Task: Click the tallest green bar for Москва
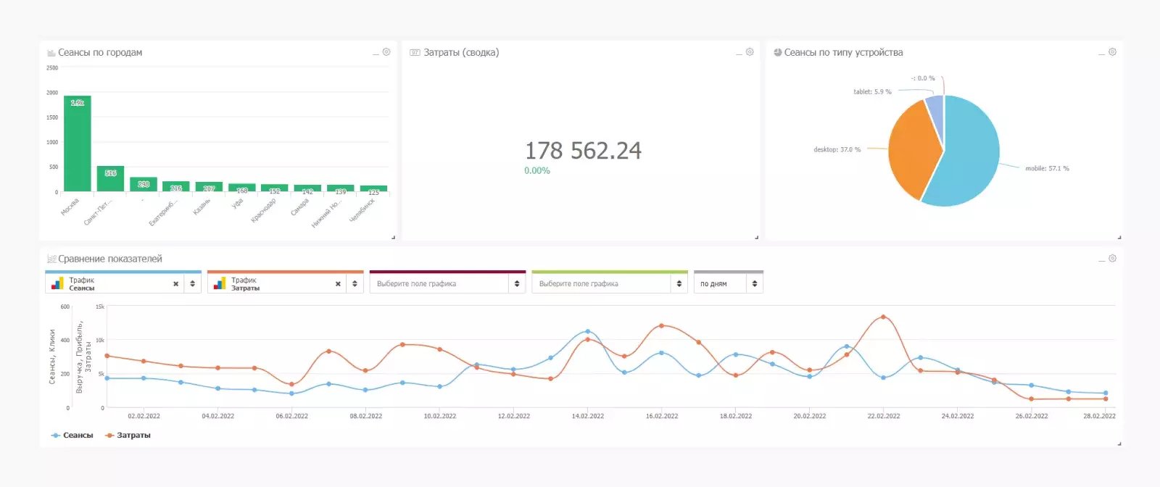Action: coord(78,145)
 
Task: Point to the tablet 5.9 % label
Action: coord(872,92)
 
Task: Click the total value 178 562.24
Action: coord(583,151)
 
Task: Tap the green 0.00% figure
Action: coord(537,171)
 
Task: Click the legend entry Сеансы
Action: coord(72,436)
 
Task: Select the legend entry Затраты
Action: coord(128,436)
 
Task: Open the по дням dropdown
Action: coord(728,284)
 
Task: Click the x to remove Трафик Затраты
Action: coord(338,284)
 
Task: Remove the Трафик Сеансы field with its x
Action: coord(175,284)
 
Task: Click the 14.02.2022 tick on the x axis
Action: coord(587,416)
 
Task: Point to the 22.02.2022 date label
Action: coord(883,416)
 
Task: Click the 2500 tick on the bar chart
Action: coord(52,68)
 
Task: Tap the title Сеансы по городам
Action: coord(100,53)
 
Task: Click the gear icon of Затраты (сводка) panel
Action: coord(750,52)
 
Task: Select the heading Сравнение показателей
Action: coord(110,259)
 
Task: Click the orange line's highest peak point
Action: coord(883,317)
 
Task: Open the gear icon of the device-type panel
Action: coord(1112,52)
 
